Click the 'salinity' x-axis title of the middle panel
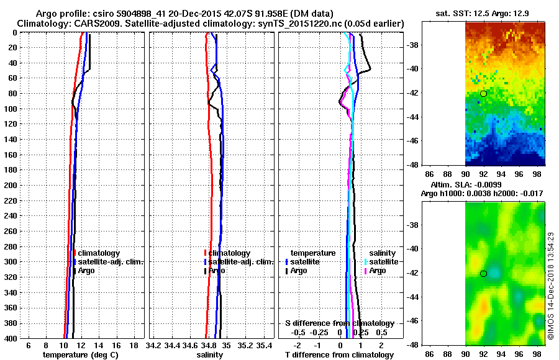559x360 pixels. pyautogui.click(x=209, y=355)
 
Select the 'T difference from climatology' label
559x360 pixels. pyautogui.click(x=339, y=355)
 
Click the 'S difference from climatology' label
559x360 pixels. pyautogui.click(x=339, y=323)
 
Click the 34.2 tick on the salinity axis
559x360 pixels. pyautogui.click(x=153, y=345)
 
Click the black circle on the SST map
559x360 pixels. pyautogui.click(x=483, y=93)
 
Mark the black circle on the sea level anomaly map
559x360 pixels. pyautogui.click(x=483, y=273)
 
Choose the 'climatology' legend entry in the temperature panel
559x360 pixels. pyautogui.click(x=99, y=253)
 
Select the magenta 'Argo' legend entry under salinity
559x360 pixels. pyautogui.click(x=378, y=271)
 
